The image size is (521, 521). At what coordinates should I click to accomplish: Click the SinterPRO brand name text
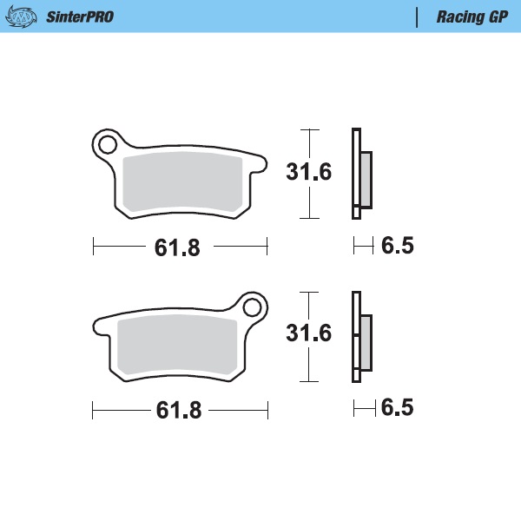click(x=79, y=16)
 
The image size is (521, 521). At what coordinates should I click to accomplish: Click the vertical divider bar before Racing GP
click(x=419, y=16)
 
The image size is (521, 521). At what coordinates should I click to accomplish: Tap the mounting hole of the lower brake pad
click(x=253, y=307)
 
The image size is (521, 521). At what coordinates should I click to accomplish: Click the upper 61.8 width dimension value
click(x=177, y=247)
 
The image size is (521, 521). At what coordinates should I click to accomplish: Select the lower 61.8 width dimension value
click(x=178, y=410)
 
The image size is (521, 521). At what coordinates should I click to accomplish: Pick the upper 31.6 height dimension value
click(x=309, y=172)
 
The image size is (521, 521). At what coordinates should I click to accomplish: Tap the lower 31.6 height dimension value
click(x=309, y=333)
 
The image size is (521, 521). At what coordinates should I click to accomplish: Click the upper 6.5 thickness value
click(x=398, y=247)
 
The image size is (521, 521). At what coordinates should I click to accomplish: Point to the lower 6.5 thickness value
click(x=398, y=408)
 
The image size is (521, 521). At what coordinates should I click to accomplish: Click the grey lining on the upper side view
click(x=366, y=178)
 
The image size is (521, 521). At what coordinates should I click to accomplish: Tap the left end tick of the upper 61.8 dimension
click(x=93, y=247)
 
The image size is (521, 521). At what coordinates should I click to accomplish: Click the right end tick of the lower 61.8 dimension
click(x=267, y=409)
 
